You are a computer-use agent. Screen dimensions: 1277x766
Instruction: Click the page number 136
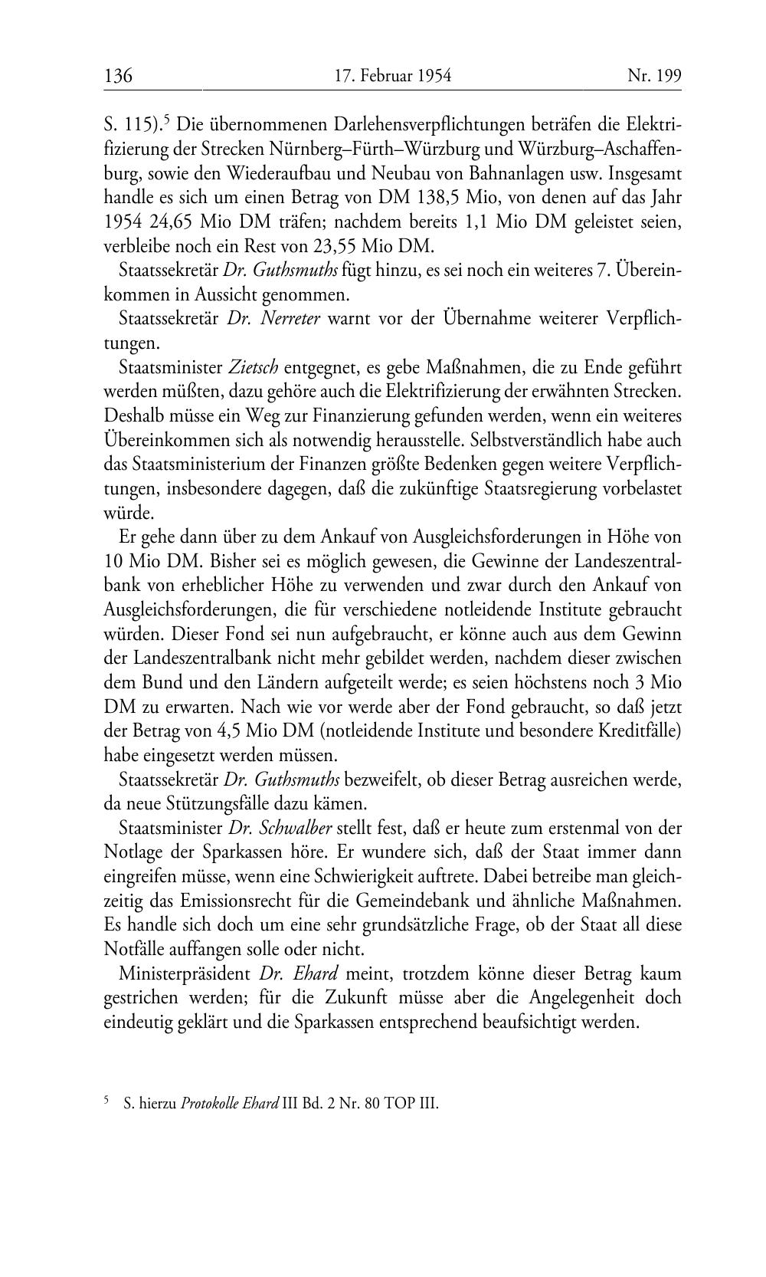119,76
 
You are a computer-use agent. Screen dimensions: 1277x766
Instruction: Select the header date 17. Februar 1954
393,76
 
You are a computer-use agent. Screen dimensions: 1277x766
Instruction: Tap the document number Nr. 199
654,76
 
